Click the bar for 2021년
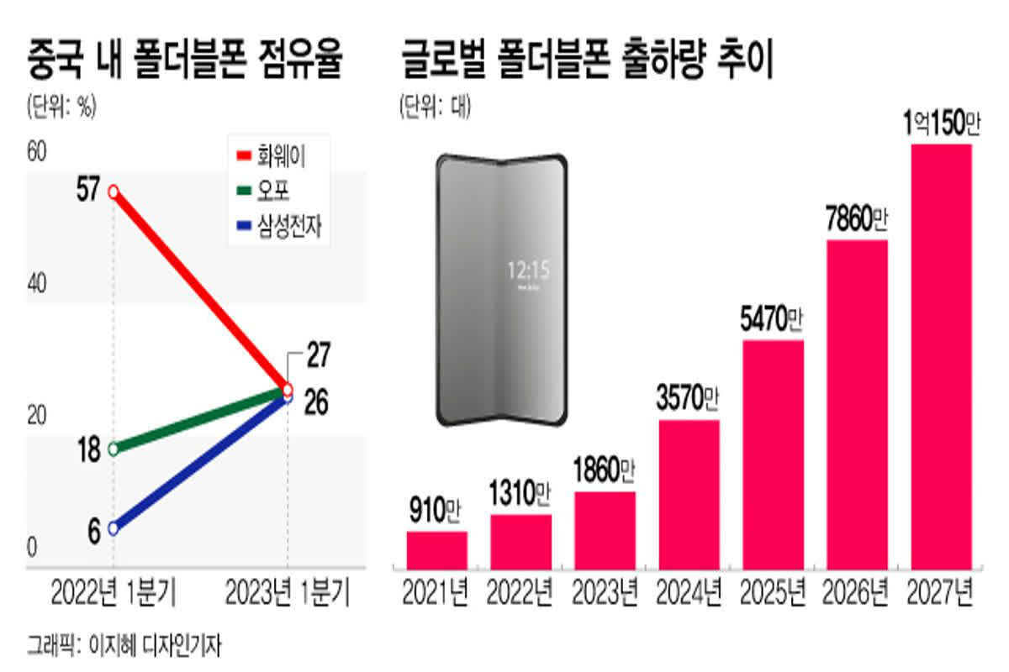pos(436,549)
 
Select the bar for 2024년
pos(689,493)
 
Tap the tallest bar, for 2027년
pos(942,356)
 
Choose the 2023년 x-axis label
pos(605,592)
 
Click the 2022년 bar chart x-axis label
pos(520,592)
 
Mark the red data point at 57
pos(114,192)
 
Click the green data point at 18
pos(114,449)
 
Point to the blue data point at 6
pos(114,528)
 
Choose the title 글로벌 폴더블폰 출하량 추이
pos(589,63)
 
